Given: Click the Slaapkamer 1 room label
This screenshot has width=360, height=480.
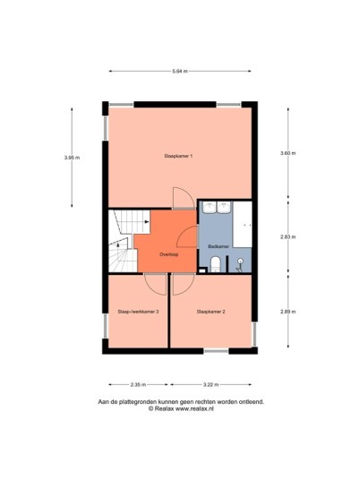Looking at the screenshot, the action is pos(178,156).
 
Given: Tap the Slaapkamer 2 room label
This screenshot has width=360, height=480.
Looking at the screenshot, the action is pos(211,312).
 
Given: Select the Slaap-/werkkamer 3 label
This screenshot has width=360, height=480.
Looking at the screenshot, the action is pos(138,312).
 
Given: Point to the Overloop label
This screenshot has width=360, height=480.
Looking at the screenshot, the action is pos(168,254).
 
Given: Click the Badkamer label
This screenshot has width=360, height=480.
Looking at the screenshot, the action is pos(219,246).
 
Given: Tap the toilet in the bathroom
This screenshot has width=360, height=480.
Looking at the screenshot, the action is pos(216,264).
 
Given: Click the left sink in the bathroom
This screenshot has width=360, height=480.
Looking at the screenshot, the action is pos(210,207).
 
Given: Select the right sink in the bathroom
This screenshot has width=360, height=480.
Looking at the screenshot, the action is pos(224,207).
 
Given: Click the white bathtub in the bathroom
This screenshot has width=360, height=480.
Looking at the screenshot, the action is pos(243,224).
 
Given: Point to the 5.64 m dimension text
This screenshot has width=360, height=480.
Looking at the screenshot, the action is pos(180,72).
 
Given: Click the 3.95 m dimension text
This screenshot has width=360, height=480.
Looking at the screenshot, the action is pos(72,158).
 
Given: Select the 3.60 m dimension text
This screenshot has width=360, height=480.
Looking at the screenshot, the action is pos(288,153).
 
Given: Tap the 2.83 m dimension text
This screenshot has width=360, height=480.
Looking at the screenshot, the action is pos(288,236).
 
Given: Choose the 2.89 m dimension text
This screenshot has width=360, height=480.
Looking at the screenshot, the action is pos(288,312).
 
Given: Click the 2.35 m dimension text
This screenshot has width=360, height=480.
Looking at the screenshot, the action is pos(138,384).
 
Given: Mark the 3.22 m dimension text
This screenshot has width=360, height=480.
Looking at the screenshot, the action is pos(210,384).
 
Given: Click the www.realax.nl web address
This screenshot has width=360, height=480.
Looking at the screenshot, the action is pos(194,408).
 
